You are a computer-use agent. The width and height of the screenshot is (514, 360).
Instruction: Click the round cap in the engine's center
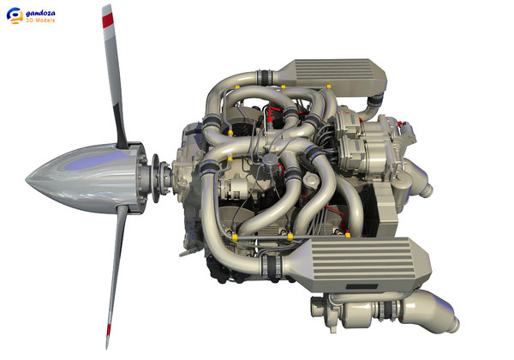[272, 160]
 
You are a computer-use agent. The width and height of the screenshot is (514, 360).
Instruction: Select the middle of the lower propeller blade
[115, 274]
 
